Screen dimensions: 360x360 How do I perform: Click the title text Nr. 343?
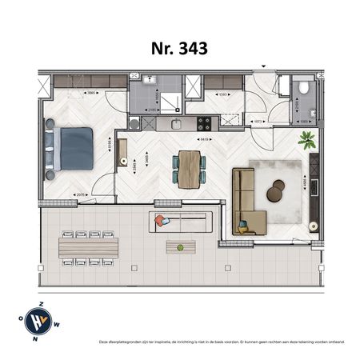point(179,48)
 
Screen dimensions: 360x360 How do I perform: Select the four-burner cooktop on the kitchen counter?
point(204,124)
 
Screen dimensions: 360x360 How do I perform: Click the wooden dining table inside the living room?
point(189,170)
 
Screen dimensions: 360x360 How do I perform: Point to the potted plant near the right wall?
point(306,141)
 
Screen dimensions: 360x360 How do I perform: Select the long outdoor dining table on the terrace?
point(88,247)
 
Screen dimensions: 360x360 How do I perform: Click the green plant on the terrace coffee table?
point(180,247)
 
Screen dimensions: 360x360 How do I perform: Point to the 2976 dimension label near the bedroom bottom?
point(80,194)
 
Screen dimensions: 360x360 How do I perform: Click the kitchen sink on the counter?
point(177,124)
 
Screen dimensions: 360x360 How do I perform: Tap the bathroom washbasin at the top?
point(149,81)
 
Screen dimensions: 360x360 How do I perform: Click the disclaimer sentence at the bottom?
point(222,342)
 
